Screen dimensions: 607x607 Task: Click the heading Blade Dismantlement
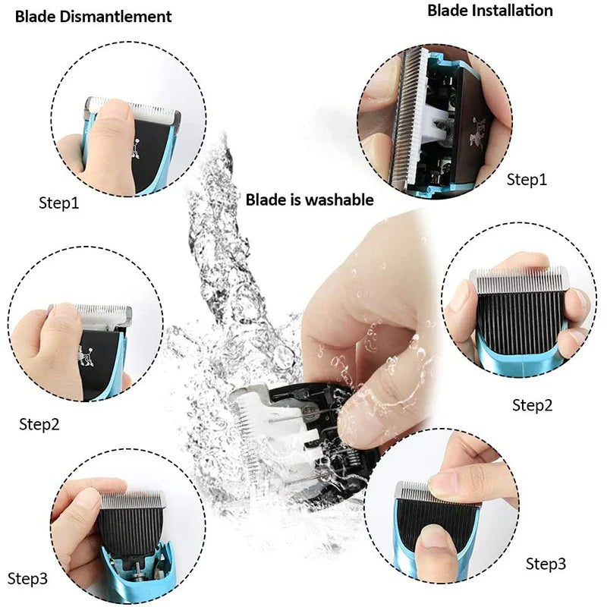(93, 16)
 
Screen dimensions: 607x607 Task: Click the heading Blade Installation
(489, 11)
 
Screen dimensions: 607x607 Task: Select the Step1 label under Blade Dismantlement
(58, 203)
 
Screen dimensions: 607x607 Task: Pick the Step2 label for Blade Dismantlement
(39, 424)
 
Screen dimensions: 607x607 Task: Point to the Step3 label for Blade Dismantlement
(28, 579)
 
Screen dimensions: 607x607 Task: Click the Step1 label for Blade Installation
(527, 180)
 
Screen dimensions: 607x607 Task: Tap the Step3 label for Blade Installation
(546, 564)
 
